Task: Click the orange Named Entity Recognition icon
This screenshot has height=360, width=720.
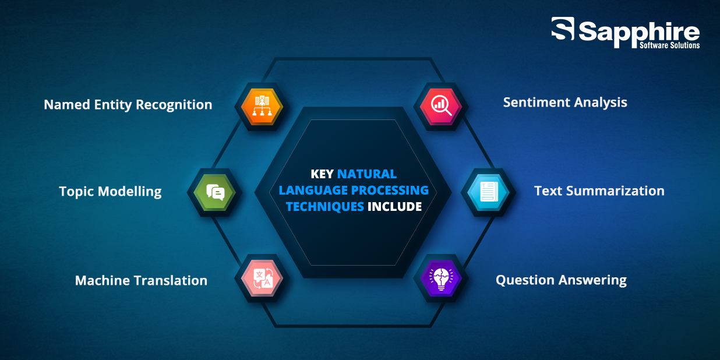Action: tap(262, 107)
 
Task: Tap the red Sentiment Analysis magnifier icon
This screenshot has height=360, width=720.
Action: tap(441, 107)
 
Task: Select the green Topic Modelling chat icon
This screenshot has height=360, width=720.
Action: tap(215, 192)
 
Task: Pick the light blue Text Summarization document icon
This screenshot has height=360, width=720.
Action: tap(488, 192)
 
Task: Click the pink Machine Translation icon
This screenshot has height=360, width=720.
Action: tap(262, 278)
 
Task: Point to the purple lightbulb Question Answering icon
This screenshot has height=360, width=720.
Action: tap(441, 278)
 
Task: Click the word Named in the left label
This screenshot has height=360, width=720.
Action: tap(67, 104)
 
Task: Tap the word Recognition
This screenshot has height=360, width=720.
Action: tap(174, 105)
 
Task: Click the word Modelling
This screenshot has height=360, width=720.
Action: tap(129, 192)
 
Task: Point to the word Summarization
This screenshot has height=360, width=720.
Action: tap(615, 191)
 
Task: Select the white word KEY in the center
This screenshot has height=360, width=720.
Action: tap(322, 174)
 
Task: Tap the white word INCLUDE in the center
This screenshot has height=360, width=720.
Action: tap(395, 206)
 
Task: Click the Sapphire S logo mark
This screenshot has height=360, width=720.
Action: tap(563, 29)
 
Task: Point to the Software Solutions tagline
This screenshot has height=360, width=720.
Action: tap(669, 45)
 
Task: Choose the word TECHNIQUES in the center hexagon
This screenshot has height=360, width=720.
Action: tap(325, 207)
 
